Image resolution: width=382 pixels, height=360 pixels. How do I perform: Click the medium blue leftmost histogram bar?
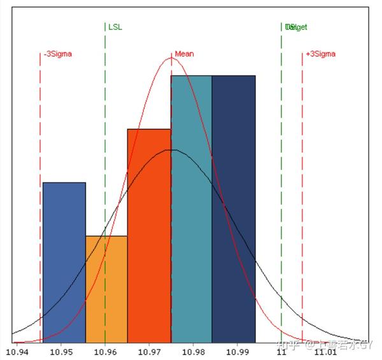click(64, 261)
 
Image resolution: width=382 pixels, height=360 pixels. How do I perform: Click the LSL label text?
click(115, 27)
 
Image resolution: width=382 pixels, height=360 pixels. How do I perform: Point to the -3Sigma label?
click(58, 54)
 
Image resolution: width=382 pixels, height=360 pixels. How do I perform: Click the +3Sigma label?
click(320, 54)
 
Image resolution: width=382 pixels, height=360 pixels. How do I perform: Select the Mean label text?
click(184, 54)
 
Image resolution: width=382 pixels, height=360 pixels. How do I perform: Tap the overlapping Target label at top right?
click(296, 27)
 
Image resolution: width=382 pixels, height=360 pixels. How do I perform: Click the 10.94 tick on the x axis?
click(17, 351)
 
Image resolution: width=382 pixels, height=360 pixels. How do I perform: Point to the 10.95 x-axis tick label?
click(61, 351)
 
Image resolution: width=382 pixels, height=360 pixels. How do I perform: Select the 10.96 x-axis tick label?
click(105, 351)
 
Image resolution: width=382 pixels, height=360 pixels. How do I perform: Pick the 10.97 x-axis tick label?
click(149, 351)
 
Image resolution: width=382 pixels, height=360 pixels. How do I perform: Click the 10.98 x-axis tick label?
click(193, 351)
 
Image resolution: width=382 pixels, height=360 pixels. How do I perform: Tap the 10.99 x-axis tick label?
click(237, 351)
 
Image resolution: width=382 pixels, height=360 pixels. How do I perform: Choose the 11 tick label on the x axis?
click(281, 351)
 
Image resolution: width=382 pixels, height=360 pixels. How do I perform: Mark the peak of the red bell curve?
click(171, 58)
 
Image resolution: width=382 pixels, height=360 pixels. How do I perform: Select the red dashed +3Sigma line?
click(302, 191)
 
